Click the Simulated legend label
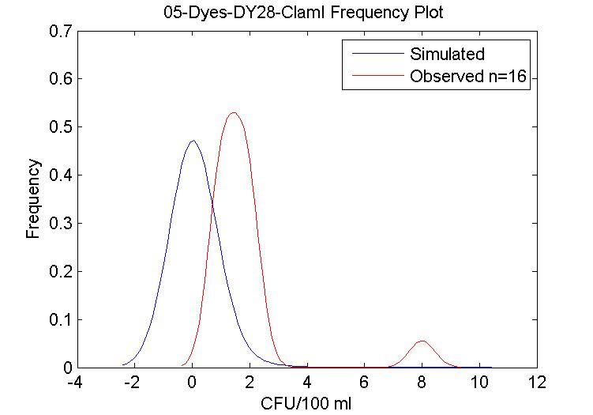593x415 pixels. coord(447,55)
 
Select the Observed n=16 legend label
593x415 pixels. coord(469,77)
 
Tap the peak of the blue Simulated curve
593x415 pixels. coord(192,141)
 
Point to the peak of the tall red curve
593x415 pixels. coord(233,112)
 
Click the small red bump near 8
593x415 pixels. coord(422,341)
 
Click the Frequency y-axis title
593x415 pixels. coord(33,198)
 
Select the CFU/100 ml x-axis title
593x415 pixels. coord(306,403)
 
